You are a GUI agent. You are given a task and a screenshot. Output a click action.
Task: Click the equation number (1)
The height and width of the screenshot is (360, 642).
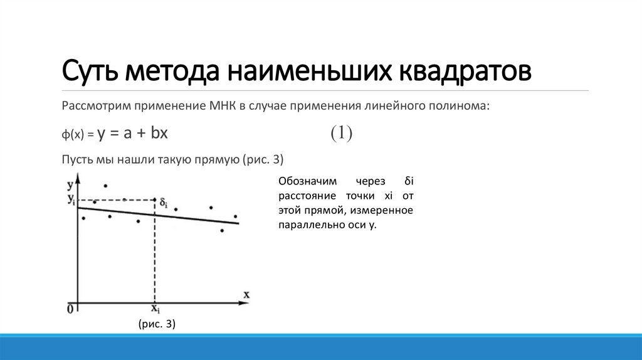click(342, 133)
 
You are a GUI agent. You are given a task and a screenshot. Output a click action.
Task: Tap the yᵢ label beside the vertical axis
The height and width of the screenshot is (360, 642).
click(71, 200)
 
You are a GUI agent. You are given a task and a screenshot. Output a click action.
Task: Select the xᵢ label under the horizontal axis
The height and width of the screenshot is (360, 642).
click(155, 309)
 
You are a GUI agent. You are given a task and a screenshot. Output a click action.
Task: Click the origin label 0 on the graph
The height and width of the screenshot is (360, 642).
click(70, 309)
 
